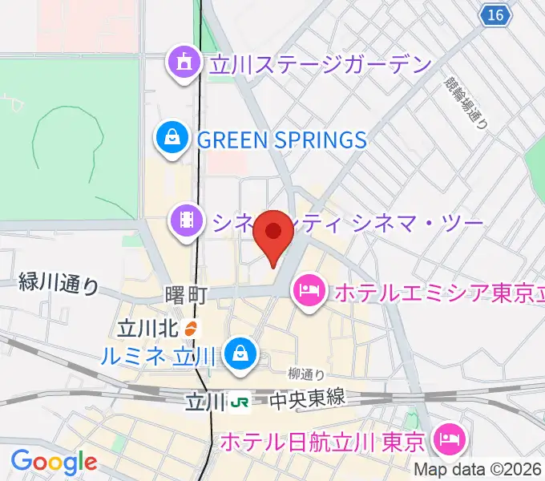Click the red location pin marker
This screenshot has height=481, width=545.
[273, 232]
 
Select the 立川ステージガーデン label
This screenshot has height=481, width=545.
[320, 65]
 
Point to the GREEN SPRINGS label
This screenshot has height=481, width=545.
[281, 140]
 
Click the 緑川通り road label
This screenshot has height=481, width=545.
[59, 283]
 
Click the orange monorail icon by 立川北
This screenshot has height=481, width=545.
[190, 328]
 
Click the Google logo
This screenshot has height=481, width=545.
[53, 463]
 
